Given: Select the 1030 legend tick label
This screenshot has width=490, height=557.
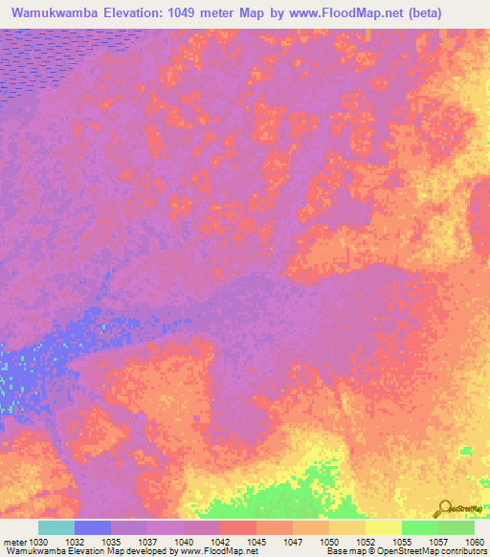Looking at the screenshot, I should pyautogui.click(x=37, y=541).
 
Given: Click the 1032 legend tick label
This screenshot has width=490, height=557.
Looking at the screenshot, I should pyautogui.click(x=74, y=541).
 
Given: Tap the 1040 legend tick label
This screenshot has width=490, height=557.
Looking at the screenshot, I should pyautogui.click(x=183, y=541).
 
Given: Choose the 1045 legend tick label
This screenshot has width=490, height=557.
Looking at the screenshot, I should pyautogui.click(x=256, y=541).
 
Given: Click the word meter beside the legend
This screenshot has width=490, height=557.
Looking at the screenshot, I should pyautogui.click(x=11, y=541).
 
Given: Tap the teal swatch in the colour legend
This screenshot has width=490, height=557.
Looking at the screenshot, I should pyautogui.click(x=56, y=527).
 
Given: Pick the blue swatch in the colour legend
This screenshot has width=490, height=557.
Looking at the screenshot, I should pyautogui.click(x=92, y=527).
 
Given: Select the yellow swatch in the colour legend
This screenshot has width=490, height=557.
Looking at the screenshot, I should pyautogui.click(x=383, y=527).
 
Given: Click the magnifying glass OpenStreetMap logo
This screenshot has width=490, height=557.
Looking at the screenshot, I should pyautogui.click(x=446, y=506).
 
